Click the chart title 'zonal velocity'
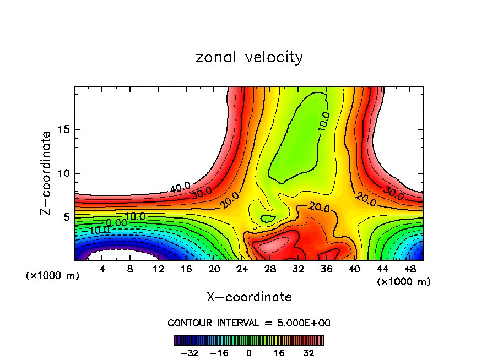[x=249, y=57]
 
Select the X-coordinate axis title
[x=249, y=297]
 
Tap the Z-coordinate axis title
[x=47, y=173]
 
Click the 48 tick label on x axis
[x=410, y=269]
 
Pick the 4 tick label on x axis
[x=102, y=269]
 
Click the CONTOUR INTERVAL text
[x=249, y=323]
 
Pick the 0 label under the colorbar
[x=249, y=353]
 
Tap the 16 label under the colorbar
[x=279, y=353]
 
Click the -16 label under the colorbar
[x=219, y=353]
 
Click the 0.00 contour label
[x=117, y=222]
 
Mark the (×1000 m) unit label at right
[x=404, y=282]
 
